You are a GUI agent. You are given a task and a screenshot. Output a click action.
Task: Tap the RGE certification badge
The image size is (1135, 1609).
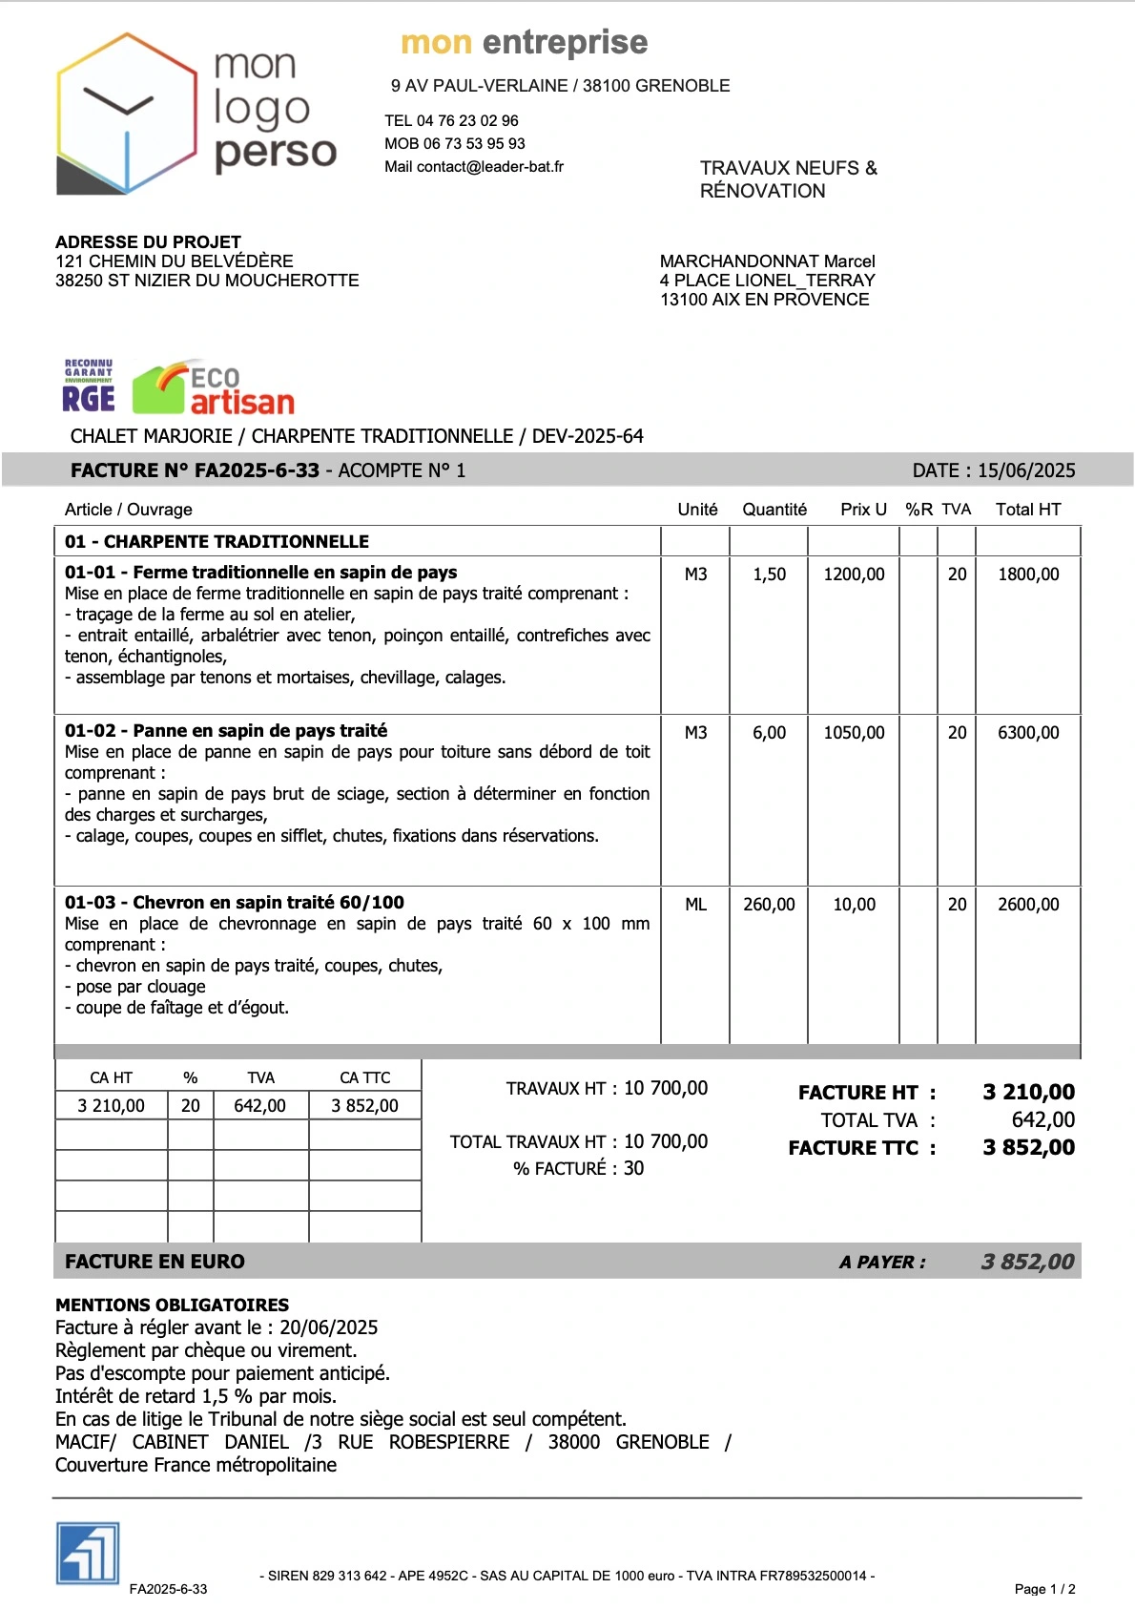point(89,387)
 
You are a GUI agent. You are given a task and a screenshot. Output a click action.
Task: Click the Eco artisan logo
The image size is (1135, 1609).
point(214,389)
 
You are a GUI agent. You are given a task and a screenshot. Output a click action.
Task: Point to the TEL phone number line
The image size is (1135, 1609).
point(451,121)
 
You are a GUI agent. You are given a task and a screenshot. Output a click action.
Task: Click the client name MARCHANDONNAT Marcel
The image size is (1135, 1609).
point(767,261)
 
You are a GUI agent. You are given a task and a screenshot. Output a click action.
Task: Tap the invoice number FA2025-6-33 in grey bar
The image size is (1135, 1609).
point(256,470)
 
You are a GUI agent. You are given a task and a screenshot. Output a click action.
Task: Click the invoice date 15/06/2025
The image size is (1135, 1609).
point(1025,470)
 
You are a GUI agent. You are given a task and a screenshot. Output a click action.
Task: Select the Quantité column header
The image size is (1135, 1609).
point(774,510)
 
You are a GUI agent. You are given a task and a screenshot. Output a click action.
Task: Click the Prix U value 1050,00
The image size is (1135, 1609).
point(854,733)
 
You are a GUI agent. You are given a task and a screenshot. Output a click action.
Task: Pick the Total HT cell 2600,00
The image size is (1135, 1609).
point(1027,905)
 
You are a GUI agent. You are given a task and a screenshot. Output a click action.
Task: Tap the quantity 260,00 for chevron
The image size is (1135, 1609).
point(769,905)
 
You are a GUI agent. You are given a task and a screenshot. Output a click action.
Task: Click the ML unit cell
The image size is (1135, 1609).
point(695,905)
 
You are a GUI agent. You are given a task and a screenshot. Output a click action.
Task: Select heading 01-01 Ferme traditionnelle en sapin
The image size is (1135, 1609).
point(260,573)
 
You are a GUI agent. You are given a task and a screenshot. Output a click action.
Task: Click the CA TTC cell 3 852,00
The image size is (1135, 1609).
point(364,1106)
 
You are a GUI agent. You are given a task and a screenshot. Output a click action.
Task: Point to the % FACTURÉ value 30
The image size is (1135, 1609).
point(633,1169)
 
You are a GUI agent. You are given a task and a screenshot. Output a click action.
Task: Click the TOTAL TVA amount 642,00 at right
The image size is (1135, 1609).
point(1042,1120)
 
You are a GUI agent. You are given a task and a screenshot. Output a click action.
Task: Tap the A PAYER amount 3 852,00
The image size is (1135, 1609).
point(1027,1262)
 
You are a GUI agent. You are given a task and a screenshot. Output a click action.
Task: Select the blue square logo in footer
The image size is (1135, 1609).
point(88,1554)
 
